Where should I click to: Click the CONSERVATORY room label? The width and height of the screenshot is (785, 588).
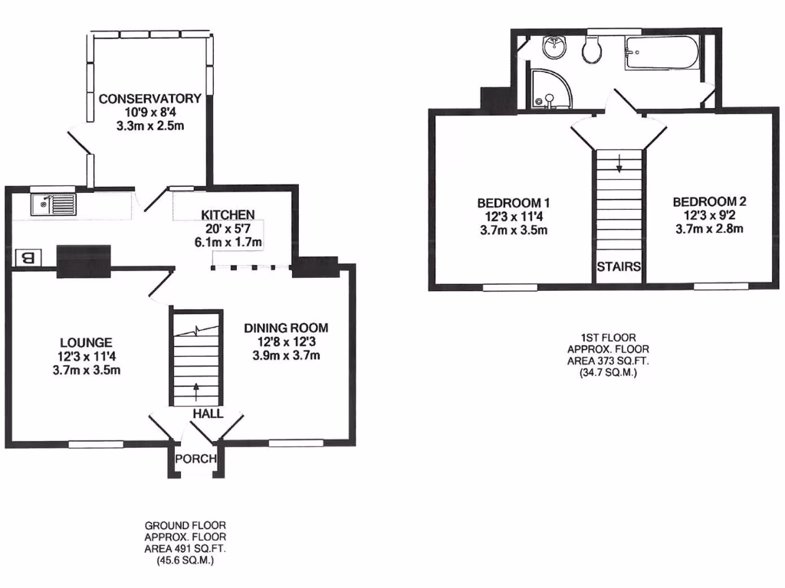149,99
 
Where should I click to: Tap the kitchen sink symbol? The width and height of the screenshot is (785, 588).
53,204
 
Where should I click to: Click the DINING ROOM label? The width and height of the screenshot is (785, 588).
286,328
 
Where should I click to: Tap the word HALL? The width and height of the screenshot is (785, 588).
208,413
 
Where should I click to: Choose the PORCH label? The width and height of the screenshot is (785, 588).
196,459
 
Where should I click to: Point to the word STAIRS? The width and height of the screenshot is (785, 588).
620,267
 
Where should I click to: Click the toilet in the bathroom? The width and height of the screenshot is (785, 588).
591,51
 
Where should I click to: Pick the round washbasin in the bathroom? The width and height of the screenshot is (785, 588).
553,48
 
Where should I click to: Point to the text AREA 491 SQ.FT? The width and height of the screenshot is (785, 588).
186,549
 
